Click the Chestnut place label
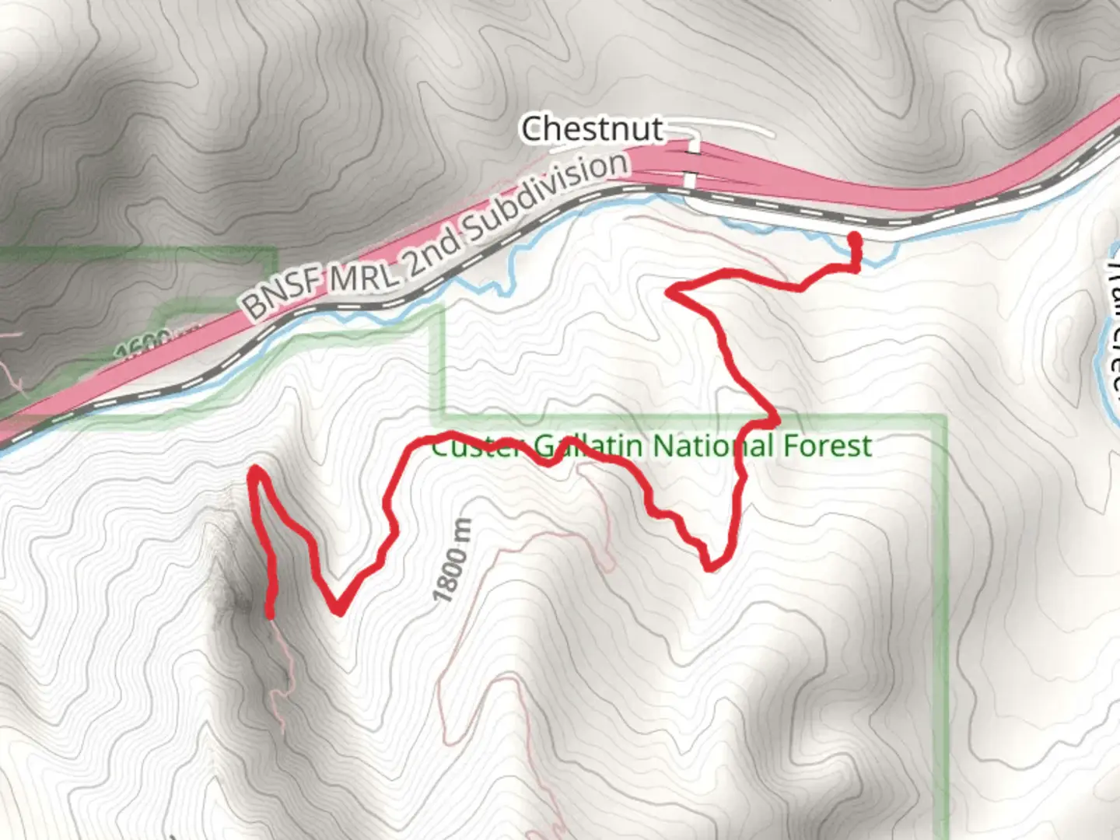[x=592, y=129]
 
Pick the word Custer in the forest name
[x=475, y=446]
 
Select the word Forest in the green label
[x=827, y=446]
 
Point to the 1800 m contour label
[x=453, y=561]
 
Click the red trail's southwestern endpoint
[x=270, y=614]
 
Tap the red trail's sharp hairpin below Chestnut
[x=670, y=292]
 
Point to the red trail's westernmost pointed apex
[x=253, y=471]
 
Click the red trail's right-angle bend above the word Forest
[x=774, y=421]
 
